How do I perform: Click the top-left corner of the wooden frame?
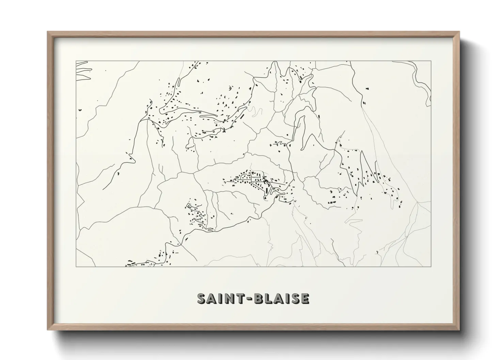coord(48,32)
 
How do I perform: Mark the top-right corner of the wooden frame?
coord(459,32)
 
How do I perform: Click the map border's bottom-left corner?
coord(76,267)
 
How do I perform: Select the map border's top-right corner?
coord(431,61)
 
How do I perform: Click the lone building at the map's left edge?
coord(80,110)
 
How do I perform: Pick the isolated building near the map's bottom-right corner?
coord(377,252)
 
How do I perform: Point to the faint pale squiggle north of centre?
coord(256,112)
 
